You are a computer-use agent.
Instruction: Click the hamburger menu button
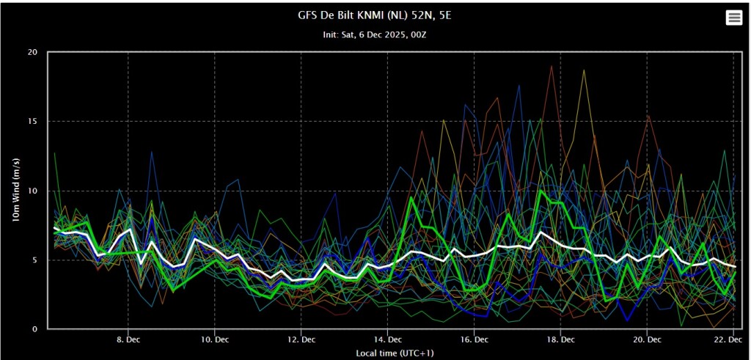(733, 18)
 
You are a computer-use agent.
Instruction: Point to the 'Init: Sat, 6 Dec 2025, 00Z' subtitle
(375, 34)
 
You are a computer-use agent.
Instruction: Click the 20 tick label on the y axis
(32, 52)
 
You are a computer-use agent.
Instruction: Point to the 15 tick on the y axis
(32, 121)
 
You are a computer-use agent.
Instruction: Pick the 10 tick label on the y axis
(32, 191)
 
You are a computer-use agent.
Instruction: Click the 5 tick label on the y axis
(34, 260)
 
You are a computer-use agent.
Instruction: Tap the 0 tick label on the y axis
(34, 329)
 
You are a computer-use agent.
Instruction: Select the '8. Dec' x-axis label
(128, 339)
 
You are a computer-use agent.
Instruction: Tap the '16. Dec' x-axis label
(475, 339)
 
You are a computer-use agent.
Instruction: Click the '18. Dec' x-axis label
(561, 339)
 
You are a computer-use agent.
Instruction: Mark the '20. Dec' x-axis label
(648, 339)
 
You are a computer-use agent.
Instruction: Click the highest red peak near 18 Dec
(551, 66)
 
